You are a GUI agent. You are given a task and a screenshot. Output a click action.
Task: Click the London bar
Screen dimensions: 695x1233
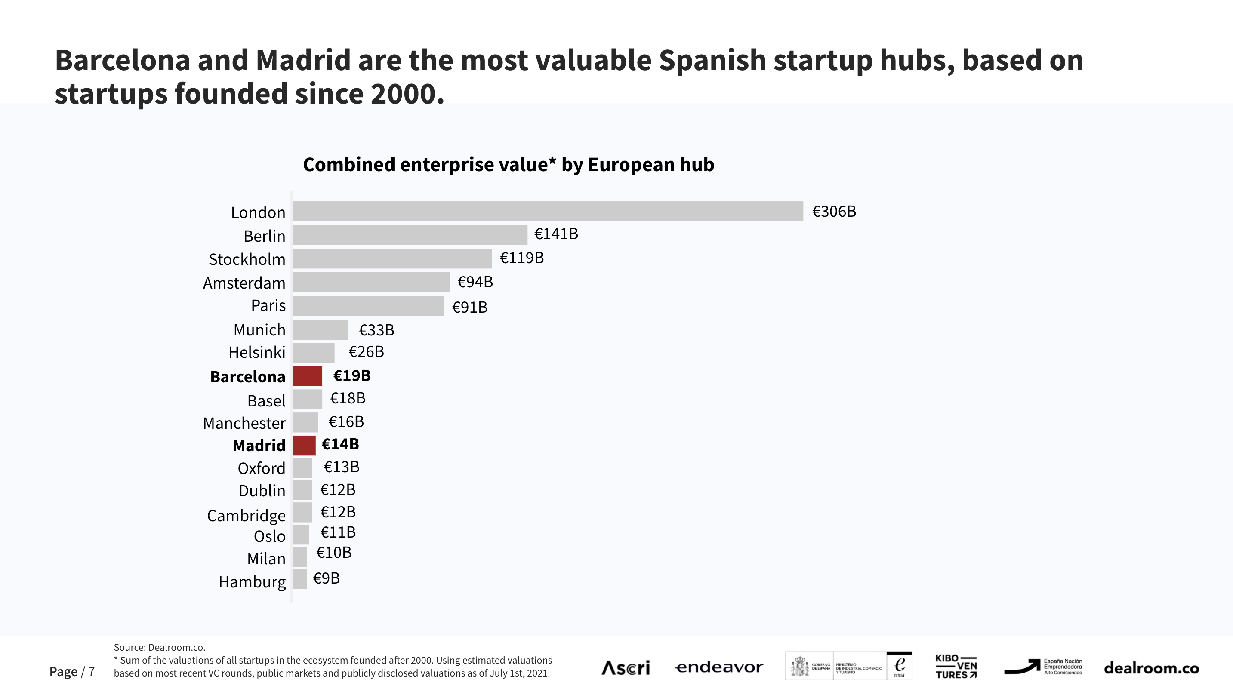coord(548,211)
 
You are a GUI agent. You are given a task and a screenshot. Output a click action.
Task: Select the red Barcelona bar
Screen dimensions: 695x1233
coord(307,376)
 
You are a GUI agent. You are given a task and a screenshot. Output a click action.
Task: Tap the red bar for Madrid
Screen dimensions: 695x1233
coord(304,445)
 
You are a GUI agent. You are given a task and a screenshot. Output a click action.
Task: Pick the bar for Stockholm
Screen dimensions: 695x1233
coord(392,258)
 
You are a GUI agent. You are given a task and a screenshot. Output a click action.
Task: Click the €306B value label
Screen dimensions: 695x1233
coord(834,211)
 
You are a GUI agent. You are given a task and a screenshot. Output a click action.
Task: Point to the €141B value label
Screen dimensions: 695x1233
coord(556,234)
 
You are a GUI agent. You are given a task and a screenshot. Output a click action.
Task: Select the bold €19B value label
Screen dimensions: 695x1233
coord(352,376)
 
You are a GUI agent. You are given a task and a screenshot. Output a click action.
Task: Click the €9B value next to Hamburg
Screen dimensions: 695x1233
coord(327,578)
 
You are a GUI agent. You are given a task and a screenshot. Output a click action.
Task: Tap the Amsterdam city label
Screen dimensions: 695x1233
coord(244,283)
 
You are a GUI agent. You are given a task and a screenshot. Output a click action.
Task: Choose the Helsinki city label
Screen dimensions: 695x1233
coord(256,352)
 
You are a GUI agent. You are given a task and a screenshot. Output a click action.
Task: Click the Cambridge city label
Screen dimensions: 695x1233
coord(246,516)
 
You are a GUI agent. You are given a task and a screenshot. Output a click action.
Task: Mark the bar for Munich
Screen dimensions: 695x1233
coord(320,330)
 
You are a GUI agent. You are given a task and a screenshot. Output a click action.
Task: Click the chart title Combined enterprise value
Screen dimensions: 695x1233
coord(509,165)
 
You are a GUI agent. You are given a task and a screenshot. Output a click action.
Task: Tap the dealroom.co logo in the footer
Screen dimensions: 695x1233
coord(1151,668)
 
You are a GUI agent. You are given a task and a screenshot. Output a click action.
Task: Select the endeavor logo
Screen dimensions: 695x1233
coord(719,667)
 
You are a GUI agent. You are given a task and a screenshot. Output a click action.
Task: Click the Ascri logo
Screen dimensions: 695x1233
coord(626,667)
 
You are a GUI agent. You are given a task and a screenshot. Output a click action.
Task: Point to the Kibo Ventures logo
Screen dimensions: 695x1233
coord(956,666)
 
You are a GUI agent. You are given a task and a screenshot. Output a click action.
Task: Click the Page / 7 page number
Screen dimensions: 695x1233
coord(72,671)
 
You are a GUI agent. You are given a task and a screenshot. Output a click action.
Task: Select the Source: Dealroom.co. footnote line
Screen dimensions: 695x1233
coord(159,647)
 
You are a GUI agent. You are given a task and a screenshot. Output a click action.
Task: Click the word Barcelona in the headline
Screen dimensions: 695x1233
coord(123,61)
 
